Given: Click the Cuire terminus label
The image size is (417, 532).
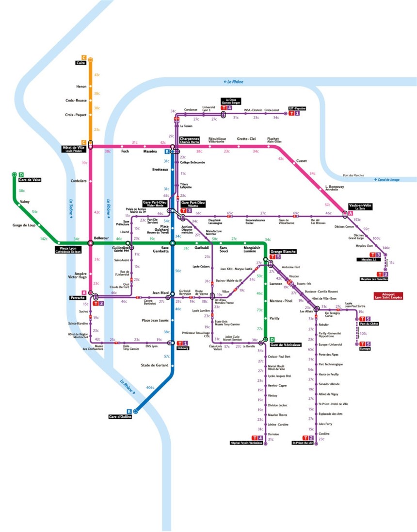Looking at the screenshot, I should coord(80,63).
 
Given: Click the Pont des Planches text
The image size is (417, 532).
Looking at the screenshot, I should coord(353,175).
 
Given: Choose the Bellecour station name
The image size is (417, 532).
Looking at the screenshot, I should coord(102,238).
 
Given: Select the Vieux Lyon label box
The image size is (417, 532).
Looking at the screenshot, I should coord(69,250).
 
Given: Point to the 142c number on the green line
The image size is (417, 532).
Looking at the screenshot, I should coord(44,239).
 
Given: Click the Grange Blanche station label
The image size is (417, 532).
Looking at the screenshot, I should coord(283,251).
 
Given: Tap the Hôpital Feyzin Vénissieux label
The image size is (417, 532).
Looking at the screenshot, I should coord(246,443).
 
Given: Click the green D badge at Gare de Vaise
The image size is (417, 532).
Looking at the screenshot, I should coord(21,175).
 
